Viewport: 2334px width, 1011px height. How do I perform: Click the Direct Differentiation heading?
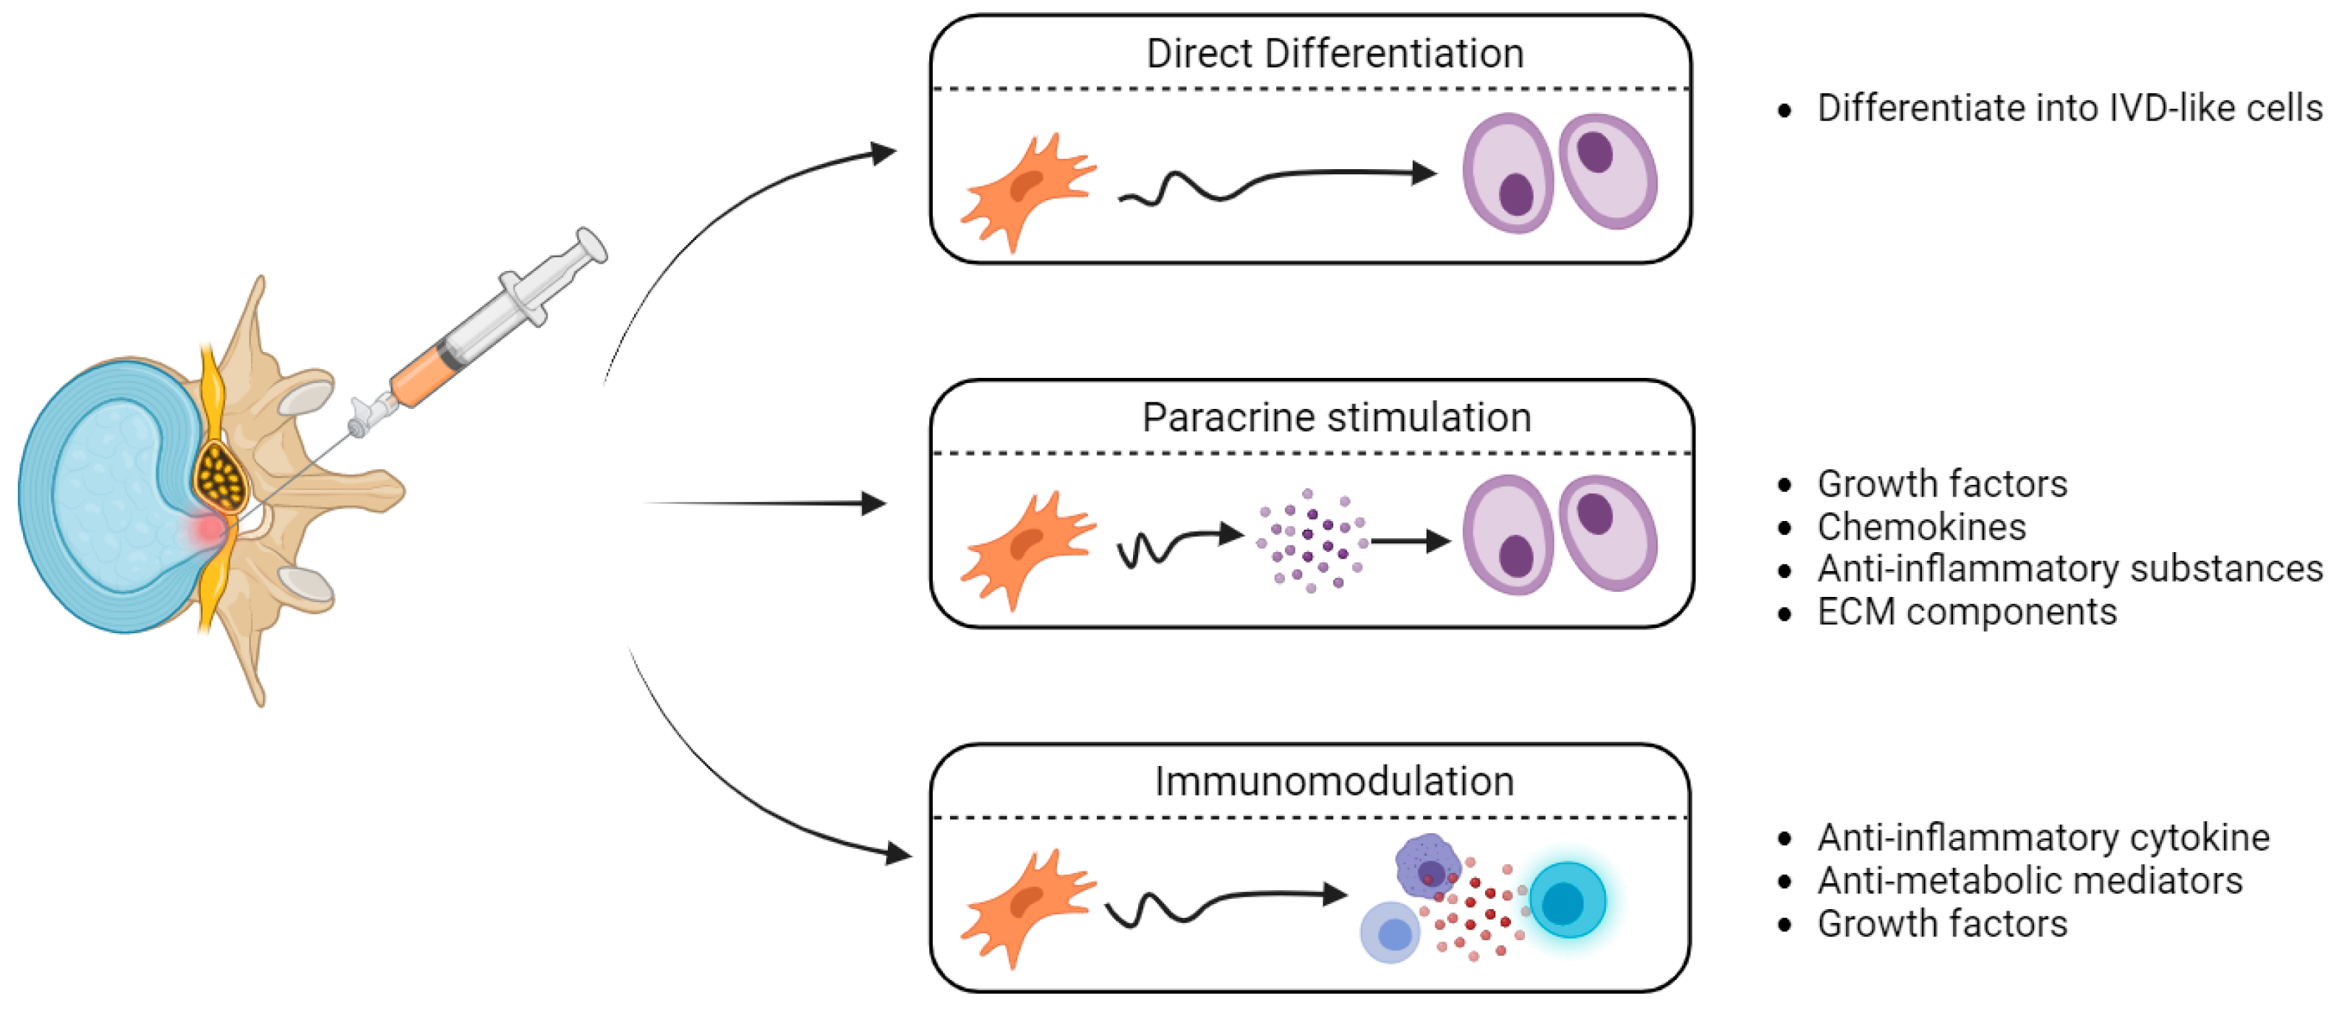pyautogui.click(x=1335, y=53)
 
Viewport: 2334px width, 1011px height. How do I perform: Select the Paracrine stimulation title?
pyautogui.click(x=1336, y=418)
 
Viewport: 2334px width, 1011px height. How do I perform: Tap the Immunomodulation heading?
pyautogui.click(x=1335, y=782)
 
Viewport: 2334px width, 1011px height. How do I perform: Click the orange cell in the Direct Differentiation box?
pyautogui.click(x=1028, y=192)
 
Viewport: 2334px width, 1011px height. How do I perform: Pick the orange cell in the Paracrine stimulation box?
pyautogui.click(x=1028, y=551)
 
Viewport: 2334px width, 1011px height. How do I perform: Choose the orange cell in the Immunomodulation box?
pyautogui.click(x=1028, y=908)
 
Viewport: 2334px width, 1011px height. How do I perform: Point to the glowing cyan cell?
pyautogui.click(x=1568, y=900)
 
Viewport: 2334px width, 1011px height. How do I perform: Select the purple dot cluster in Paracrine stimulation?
pyautogui.click(x=1311, y=541)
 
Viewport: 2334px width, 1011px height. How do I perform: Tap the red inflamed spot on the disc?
pyautogui.click(x=209, y=529)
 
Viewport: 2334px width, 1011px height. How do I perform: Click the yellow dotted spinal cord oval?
pyautogui.click(x=221, y=478)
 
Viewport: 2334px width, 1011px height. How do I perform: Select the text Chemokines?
pyautogui.click(x=1922, y=526)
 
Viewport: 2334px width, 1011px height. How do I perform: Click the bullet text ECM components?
pyautogui.click(x=1967, y=611)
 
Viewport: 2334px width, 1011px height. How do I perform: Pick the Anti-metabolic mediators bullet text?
pyautogui.click(x=2030, y=879)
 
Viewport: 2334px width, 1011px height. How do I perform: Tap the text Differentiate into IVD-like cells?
pyautogui.click(x=2070, y=108)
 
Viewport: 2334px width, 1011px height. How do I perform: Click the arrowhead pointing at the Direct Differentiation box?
pyautogui.click(x=884, y=152)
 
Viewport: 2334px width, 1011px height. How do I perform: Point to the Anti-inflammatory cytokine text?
pyautogui.click(x=2044, y=838)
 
